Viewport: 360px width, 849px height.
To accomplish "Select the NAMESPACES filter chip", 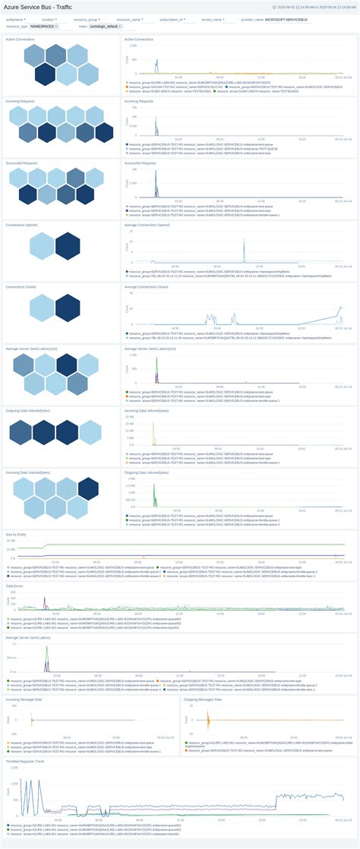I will coord(43,26).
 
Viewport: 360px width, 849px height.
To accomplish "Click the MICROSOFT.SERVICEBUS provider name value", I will coord(286,19).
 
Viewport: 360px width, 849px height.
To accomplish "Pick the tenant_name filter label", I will coord(213,19).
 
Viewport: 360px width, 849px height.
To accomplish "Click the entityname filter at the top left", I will coord(15,19).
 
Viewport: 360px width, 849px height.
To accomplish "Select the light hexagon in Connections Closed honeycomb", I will coord(41,308).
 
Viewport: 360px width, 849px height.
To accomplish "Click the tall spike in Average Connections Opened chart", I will coord(244,247).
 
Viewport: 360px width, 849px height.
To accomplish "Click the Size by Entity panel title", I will coord(17,533).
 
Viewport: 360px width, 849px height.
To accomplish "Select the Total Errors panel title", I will coord(14,586).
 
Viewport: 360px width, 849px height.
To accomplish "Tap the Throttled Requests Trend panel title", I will coord(25,761).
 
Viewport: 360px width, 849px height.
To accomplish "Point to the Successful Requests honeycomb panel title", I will coord(22,163).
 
